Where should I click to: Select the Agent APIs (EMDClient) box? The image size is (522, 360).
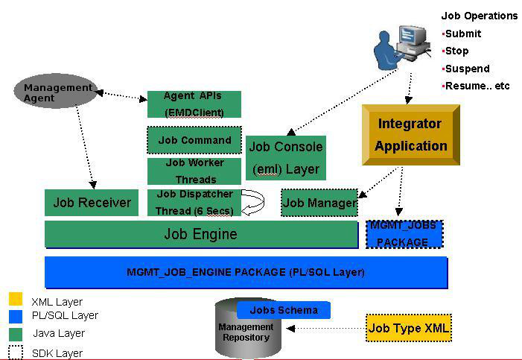(194, 104)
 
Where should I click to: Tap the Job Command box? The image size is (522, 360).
(194, 140)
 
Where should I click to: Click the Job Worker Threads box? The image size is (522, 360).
(194, 171)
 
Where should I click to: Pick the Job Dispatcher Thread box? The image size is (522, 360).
(194, 202)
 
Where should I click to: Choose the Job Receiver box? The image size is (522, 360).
(92, 203)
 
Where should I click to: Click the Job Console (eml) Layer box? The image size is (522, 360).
(285, 157)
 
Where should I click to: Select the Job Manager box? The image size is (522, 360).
(319, 203)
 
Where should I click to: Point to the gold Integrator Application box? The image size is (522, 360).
(410, 135)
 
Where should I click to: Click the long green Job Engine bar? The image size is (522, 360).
(201, 234)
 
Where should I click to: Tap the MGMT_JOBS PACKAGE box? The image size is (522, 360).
(404, 234)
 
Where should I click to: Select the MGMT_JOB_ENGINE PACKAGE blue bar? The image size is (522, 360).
(246, 272)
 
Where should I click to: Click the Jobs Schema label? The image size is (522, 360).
(284, 310)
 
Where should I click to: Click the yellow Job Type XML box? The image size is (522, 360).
(409, 328)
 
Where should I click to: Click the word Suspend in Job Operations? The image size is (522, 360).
(467, 69)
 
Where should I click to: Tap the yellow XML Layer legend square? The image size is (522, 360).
(16, 300)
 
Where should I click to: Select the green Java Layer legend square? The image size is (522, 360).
(16, 333)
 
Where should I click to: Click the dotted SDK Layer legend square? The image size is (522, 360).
(16, 352)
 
